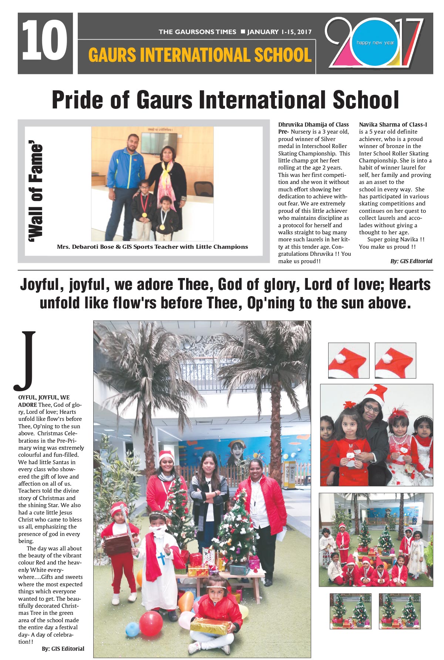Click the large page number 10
[45, 41]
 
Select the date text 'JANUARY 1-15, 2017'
[279, 32]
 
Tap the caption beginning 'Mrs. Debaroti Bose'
[152, 247]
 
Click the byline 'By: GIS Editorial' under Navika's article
[411, 261]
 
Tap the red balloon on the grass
[151, 624]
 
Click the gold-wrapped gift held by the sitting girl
[209, 626]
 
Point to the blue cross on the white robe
[161, 558]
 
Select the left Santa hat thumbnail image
[349, 360]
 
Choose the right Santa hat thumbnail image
[395, 360]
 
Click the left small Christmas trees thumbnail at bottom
[350, 611]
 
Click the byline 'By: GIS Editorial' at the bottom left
[63, 649]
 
